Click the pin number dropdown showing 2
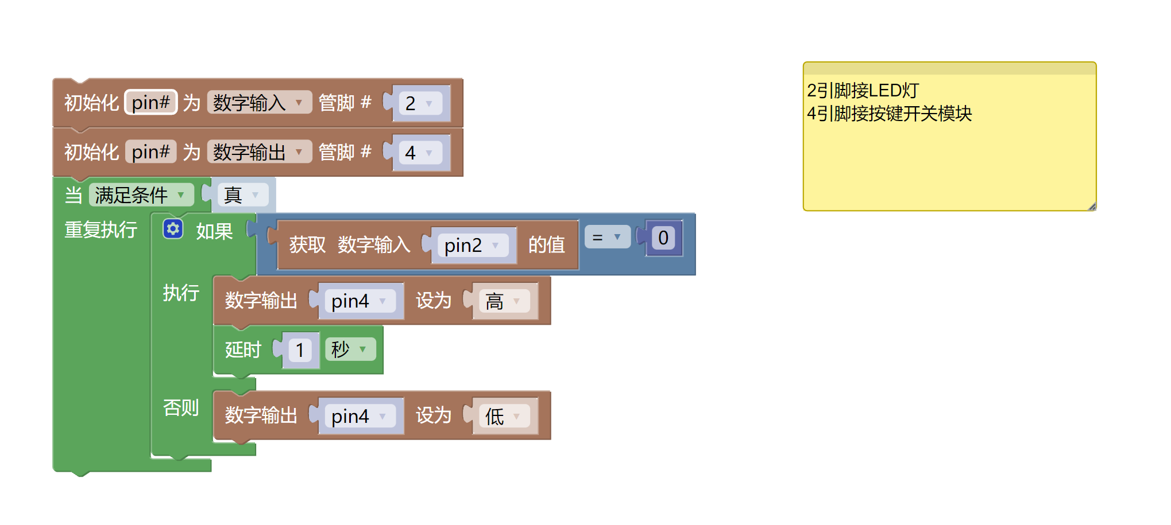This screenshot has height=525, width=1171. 420,103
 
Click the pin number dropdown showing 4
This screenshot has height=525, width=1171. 420,153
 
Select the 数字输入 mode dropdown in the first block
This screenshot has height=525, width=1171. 259,103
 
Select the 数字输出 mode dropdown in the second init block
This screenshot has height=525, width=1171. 259,152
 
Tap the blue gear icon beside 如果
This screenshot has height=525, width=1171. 173,229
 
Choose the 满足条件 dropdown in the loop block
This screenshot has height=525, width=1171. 141,195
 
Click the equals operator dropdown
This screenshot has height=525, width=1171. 607,237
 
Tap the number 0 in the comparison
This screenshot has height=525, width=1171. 663,238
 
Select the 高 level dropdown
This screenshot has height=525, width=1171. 504,301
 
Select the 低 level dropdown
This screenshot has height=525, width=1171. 504,416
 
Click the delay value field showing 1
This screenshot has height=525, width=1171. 299,350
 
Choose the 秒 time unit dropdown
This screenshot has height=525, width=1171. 350,349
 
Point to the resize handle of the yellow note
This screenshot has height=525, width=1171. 1092,207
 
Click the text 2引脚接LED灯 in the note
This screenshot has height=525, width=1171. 863,91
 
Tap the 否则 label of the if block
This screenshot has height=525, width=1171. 181,407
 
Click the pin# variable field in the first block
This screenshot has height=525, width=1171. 151,103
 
